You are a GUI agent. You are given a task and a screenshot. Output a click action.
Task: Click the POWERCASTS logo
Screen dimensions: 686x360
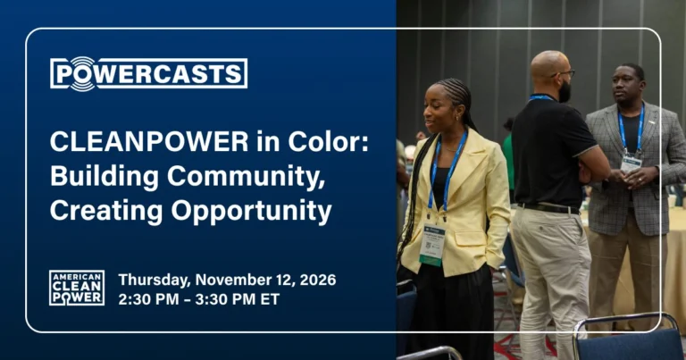coord(149,73)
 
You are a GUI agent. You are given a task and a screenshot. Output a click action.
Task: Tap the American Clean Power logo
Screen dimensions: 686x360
coord(77,288)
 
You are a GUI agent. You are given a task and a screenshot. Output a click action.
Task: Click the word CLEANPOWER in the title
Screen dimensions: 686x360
coord(149,142)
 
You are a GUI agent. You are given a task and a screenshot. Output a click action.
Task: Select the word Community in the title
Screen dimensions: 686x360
coord(246,177)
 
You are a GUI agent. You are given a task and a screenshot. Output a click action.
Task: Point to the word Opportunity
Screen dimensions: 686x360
coord(251,212)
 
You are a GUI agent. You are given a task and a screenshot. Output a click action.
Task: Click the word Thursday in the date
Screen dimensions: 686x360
coord(155,280)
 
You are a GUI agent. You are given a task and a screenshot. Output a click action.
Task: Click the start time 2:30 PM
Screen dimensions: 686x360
coord(148,299)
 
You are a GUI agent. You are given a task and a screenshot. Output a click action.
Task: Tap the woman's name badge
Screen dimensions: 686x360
coord(432,244)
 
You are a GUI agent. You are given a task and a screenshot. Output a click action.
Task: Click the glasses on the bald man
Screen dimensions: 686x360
coord(564,74)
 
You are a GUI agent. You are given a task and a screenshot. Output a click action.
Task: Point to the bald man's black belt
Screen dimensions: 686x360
coord(548,208)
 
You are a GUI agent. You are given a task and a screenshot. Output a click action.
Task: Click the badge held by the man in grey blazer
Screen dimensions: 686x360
coord(631,164)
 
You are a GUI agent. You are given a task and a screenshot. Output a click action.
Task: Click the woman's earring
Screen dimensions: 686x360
coord(458,117)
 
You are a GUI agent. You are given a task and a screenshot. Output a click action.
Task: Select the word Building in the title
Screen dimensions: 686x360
coord(105,177)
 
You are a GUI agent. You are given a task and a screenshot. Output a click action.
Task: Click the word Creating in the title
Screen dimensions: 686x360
coord(107,212)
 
